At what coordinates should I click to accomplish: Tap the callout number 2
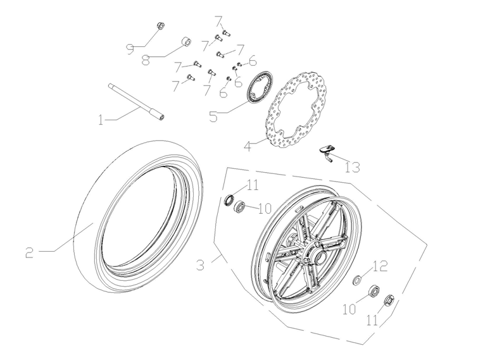click(30, 252)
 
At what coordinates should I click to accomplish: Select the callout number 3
click(200, 265)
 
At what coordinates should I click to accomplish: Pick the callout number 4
click(249, 146)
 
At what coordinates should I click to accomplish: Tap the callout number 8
click(146, 60)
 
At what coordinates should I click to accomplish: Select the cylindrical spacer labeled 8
click(186, 42)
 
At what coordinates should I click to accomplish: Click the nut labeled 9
click(160, 26)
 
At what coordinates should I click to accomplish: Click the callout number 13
click(352, 167)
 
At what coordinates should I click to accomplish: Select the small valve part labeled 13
click(327, 151)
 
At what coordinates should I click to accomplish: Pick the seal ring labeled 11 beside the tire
click(227, 201)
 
